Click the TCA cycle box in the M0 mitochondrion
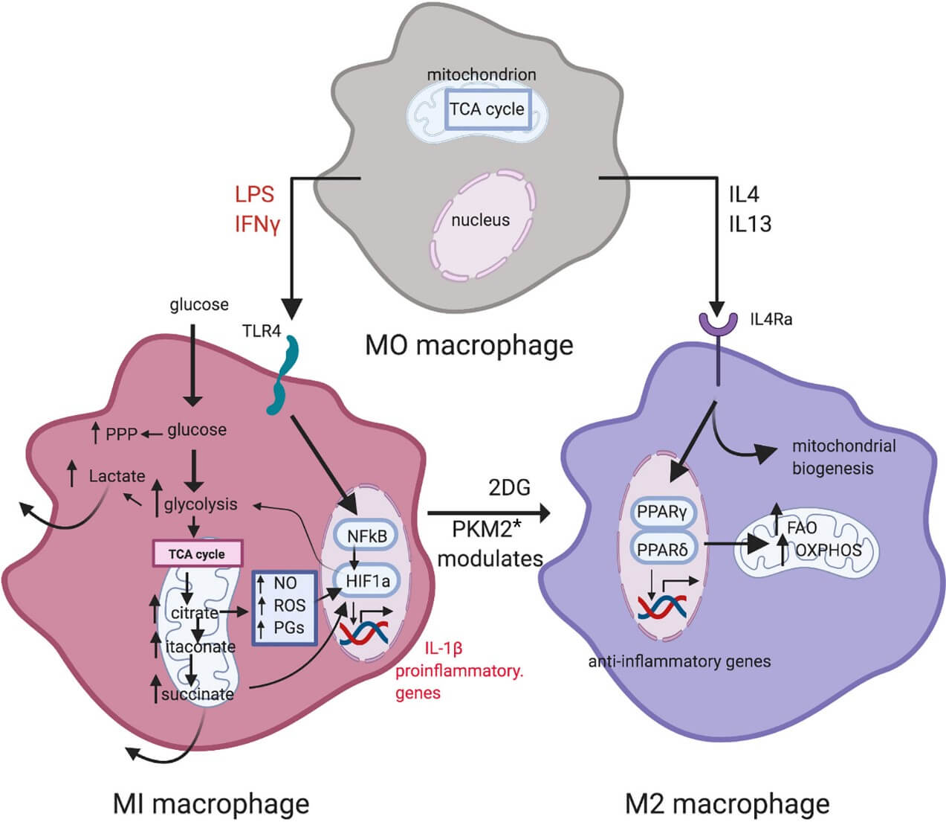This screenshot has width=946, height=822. pyautogui.click(x=487, y=109)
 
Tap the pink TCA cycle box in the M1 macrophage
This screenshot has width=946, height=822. pyautogui.click(x=197, y=554)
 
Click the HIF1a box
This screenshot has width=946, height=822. pyautogui.click(x=368, y=580)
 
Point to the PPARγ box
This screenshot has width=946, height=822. pyautogui.click(x=661, y=513)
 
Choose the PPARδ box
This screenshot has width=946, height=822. pyautogui.click(x=661, y=550)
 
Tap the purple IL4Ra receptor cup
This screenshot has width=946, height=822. pyautogui.click(x=717, y=321)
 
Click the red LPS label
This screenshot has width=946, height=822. pyautogui.click(x=254, y=194)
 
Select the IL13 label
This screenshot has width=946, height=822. pyautogui.click(x=749, y=224)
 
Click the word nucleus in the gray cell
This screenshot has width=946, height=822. pyautogui.click(x=480, y=220)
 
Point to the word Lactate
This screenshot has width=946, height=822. pyautogui.click(x=117, y=475)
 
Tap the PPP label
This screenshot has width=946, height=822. pyautogui.click(x=121, y=434)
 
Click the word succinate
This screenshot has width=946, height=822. pyautogui.click(x=198, y=694)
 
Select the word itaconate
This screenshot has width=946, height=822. pyautogui.click(x=201, y=646)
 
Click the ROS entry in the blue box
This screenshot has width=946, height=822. pyautogui.click(x=289, y=606)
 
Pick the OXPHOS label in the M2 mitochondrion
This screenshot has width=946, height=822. pyautogui.click(x=828, y=550)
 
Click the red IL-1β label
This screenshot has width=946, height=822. pyautogui.click(x=443, y=647)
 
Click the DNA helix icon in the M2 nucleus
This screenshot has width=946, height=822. pyautogui.click(x=660, y=608)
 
